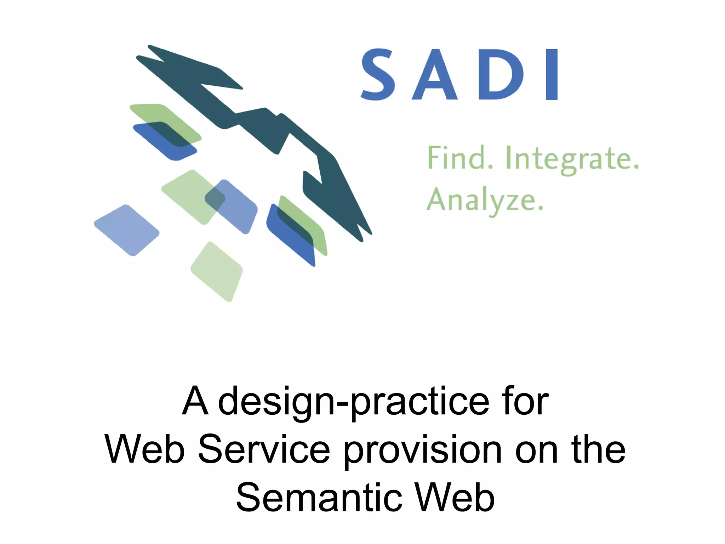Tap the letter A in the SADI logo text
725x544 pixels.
pos(435,75)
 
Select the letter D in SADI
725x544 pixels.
pos(500,75)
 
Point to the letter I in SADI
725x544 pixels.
pos(552,75)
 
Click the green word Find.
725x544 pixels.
pos(460,158)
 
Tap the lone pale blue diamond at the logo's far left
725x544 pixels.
pos(127,230)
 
